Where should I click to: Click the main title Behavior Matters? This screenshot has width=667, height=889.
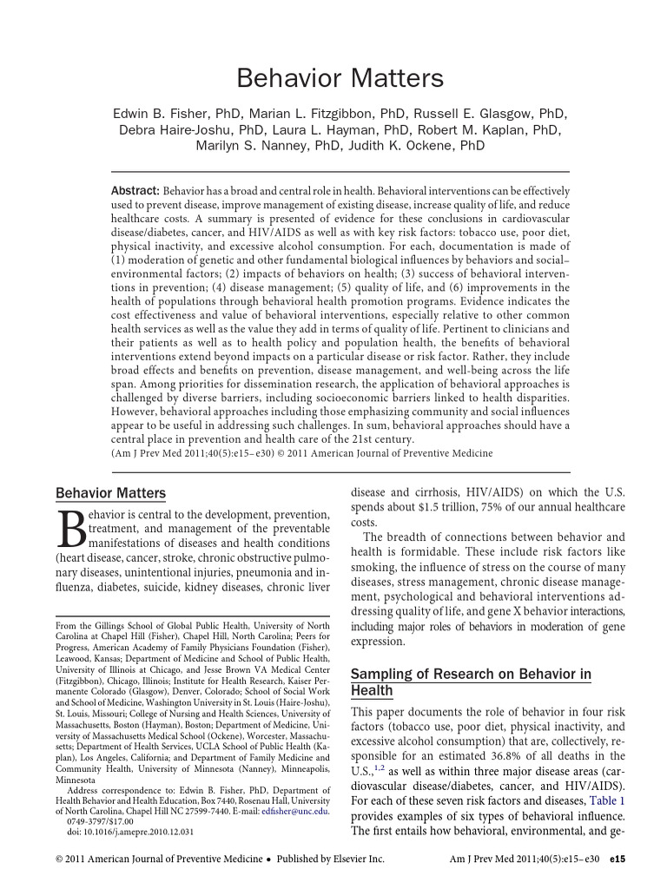click(x=340, y=79)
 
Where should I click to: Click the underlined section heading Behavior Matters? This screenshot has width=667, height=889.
click(x=110, y=494)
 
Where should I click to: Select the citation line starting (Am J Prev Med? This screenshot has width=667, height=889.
click(x=301, y=453)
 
